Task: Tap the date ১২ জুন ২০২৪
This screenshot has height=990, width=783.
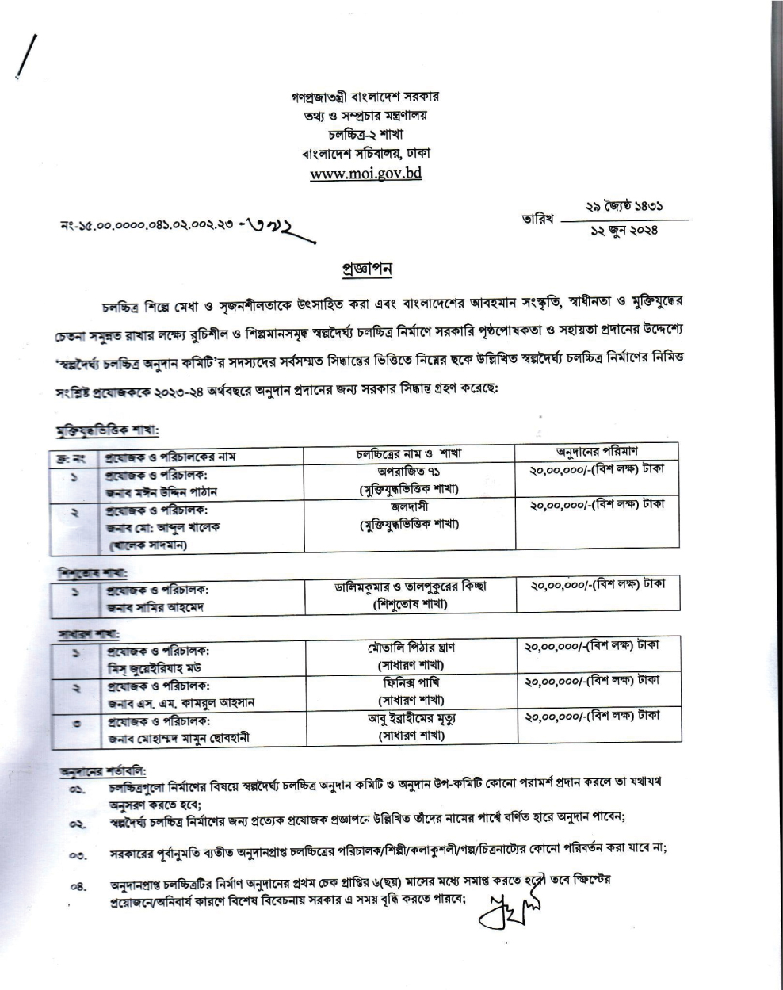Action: coord(624,231)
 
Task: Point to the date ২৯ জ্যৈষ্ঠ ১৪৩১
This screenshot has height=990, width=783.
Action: coord(624,206)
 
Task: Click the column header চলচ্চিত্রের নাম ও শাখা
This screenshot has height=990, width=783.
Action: coord(409,454)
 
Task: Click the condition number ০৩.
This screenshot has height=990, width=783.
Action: coord(77,856)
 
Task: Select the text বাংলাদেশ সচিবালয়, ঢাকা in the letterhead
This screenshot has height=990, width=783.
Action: coord(365,153)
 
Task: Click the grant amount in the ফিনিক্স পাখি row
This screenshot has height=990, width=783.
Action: coord(591,681)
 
